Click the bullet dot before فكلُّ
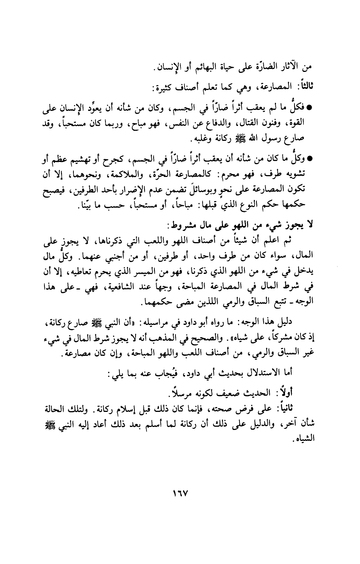(x=311, y=108)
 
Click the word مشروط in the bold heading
(x=183, y=226)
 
